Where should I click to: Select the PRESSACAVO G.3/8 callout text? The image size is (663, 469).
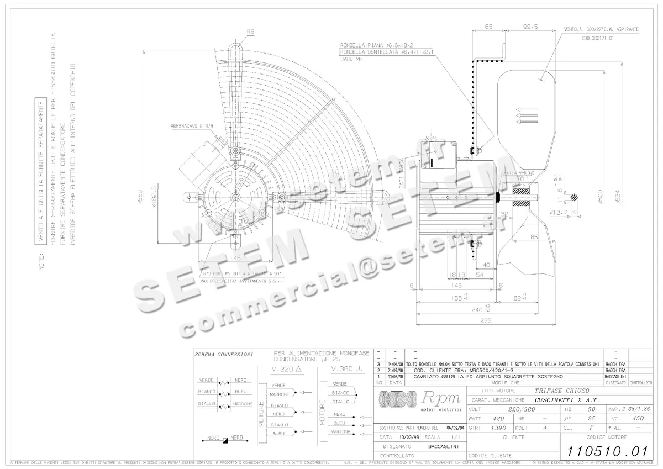190,126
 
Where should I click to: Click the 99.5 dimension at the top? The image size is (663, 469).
530,27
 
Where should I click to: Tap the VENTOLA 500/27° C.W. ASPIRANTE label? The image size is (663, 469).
602,29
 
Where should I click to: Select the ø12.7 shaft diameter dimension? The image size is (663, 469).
560,212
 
